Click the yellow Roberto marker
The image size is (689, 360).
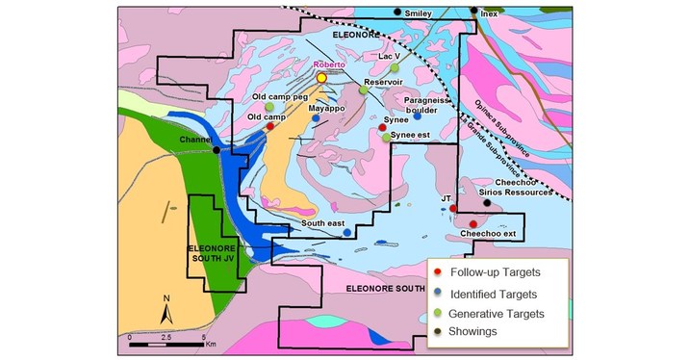click(x=321, y=78)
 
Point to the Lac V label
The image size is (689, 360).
click(x=390, y=57)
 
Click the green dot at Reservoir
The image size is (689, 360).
click(x=363, y=90)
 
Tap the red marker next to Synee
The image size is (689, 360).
click(x=381, y=128)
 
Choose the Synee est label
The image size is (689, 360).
click(x=412, y=137)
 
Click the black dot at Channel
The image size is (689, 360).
click(x=217, y=150)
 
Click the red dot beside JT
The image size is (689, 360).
click(x=452, y=208)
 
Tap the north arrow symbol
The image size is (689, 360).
click(x=166, y=310)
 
